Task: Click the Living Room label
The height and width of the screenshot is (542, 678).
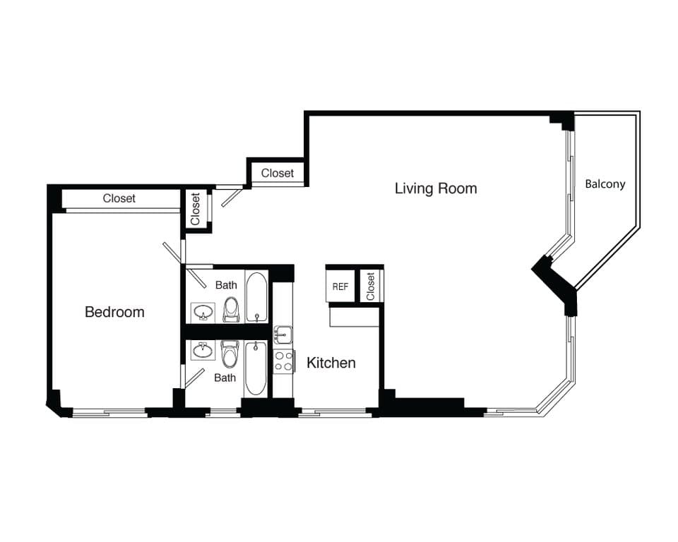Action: pyautogui.click(x=435, y=188)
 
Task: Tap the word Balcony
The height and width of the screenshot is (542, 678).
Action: pyautogui.click(x=605, y=184)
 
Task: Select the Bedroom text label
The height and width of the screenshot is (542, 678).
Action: pyautogui.click(x=114, y=312)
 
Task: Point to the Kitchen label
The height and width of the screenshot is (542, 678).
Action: pyautogui.click(x=331, y=363)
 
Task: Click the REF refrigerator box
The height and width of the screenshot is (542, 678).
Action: pyautogui.click(x=340, y=287)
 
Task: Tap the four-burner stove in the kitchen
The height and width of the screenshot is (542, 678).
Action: pyautogui.click(x=283, y=361)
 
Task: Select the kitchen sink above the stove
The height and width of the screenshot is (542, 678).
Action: pyautogui.click(x=282, y=335)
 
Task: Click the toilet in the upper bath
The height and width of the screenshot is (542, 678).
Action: pyautogui.click(x=231, y=310)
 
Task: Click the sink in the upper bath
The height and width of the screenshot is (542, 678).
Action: pyautogui.click(x=203, y=313)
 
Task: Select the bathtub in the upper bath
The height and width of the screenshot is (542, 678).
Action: pyautogui.click(x=256, y=296)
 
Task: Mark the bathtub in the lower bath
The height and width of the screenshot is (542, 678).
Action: pyautogui.click(x=256, y=368)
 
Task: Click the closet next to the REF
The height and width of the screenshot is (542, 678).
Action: pyautogui.click(x=370, y=286)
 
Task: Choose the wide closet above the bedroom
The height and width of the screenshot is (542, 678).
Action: pyautogui.click(x=119, y=199)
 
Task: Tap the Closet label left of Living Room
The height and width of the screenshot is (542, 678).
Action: pyautogui.click(x=278, y=174)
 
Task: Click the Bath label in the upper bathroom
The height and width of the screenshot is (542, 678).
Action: pyautogui.click(x=226, y=285)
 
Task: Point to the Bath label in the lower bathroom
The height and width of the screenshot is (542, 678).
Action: pyautogui.click(x=225, y=378)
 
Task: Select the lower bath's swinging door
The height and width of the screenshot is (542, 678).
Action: pyautogui.click(x=194, y=377)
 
